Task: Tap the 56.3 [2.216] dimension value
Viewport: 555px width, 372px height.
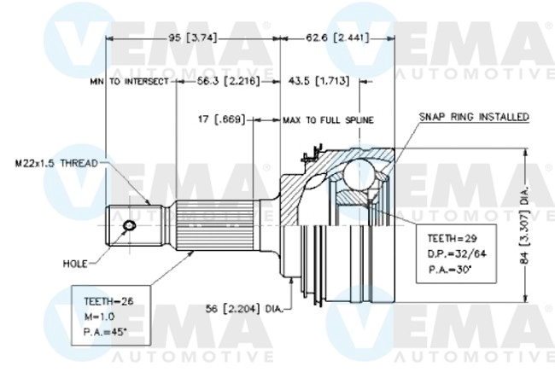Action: pyautogui.click(x=223, y=82)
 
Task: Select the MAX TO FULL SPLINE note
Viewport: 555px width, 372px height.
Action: pyautogui.click(x=328, y=120)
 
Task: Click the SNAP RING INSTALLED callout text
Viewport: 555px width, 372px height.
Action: pyautogui.click(x=474, y=115)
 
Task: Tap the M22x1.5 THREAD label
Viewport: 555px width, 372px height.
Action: pyautogui.click(x=55, y=162)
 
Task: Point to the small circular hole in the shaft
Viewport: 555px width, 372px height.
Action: pyautogui.click(x=129, y=226)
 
